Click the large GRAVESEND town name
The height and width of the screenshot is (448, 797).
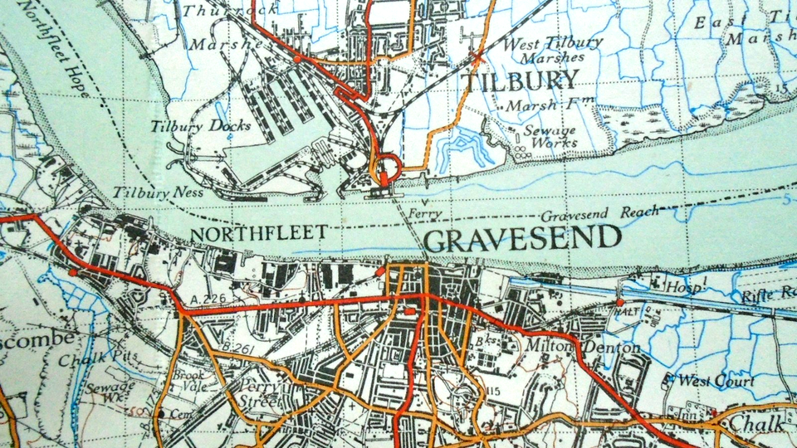(522, 240)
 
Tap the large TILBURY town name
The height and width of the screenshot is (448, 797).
(520, 80)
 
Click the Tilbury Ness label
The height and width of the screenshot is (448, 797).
(147, 192)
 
